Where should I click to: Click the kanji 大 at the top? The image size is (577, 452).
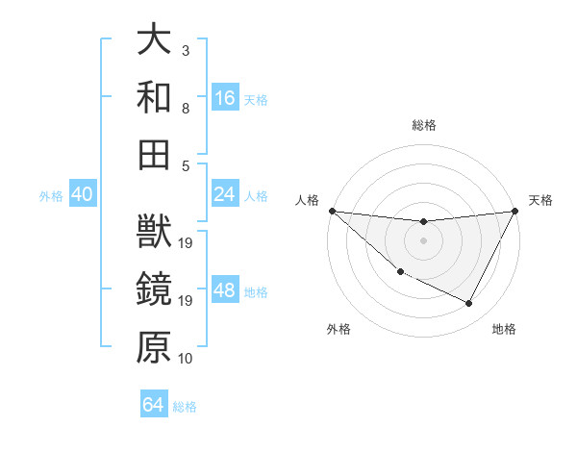[155, 39]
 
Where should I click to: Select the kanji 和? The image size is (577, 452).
[155, 96]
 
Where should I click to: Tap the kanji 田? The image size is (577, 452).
[155, 152]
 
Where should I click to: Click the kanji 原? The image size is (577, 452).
[155, 347]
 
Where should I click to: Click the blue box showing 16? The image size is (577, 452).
[225, 97]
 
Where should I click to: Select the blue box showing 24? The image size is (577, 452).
[225, 194]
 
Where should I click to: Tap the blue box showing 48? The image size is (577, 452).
[225, 291]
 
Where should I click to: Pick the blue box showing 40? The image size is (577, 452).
[82, 194]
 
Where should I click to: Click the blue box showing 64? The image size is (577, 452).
[154, 405]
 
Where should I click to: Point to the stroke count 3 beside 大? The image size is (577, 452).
[186, 50]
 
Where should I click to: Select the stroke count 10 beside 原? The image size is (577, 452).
[186, 359]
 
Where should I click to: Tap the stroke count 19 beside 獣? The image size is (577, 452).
[187, 243]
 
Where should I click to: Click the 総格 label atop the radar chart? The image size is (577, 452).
[423, 125]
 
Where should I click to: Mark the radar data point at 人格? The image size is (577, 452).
[332, 211]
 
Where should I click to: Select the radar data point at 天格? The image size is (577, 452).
[515, 212]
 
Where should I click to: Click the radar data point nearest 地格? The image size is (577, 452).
[469, 304]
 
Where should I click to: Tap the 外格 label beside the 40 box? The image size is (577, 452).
[51, 195]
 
